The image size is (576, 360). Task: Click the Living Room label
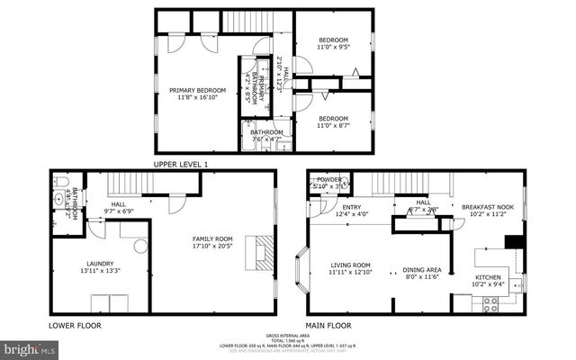click(x=350, y=267)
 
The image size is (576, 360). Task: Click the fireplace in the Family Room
click(x=261, y=251)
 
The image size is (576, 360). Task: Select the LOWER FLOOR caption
click(x=76, y=326)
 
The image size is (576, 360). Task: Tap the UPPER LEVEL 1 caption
click(x=181, y=164)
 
